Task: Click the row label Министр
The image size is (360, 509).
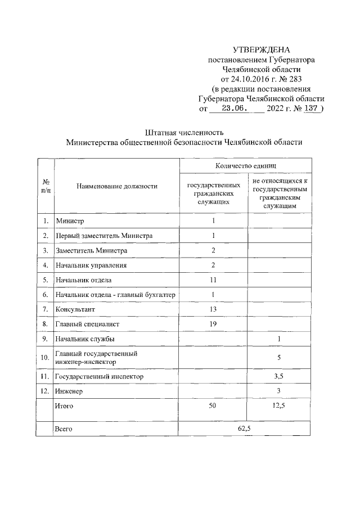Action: pyautogui.click(x=69, y=221)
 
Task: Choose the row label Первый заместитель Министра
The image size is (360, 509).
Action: pyautogui.click(x=103, y=236)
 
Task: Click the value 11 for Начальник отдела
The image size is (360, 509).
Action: pyautogui.click(x=213, y=280)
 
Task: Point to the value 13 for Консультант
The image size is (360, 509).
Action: pyautogui.click(x=213, y=309)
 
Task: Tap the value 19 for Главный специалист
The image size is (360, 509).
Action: pyautogui.click(x=213, y=324)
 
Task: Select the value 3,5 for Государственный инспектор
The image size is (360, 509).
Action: pyautogui.click(x=279, y=376)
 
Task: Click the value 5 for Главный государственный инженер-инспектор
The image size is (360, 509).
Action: pyautogui.click(x=279, y=357)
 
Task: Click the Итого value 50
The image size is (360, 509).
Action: pyautogui.click(x=213, y=406)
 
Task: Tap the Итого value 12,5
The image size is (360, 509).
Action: pyautogui.click(x=279, y=406)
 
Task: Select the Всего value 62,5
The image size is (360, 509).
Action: pyautogui.click(x=244, y=429)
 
